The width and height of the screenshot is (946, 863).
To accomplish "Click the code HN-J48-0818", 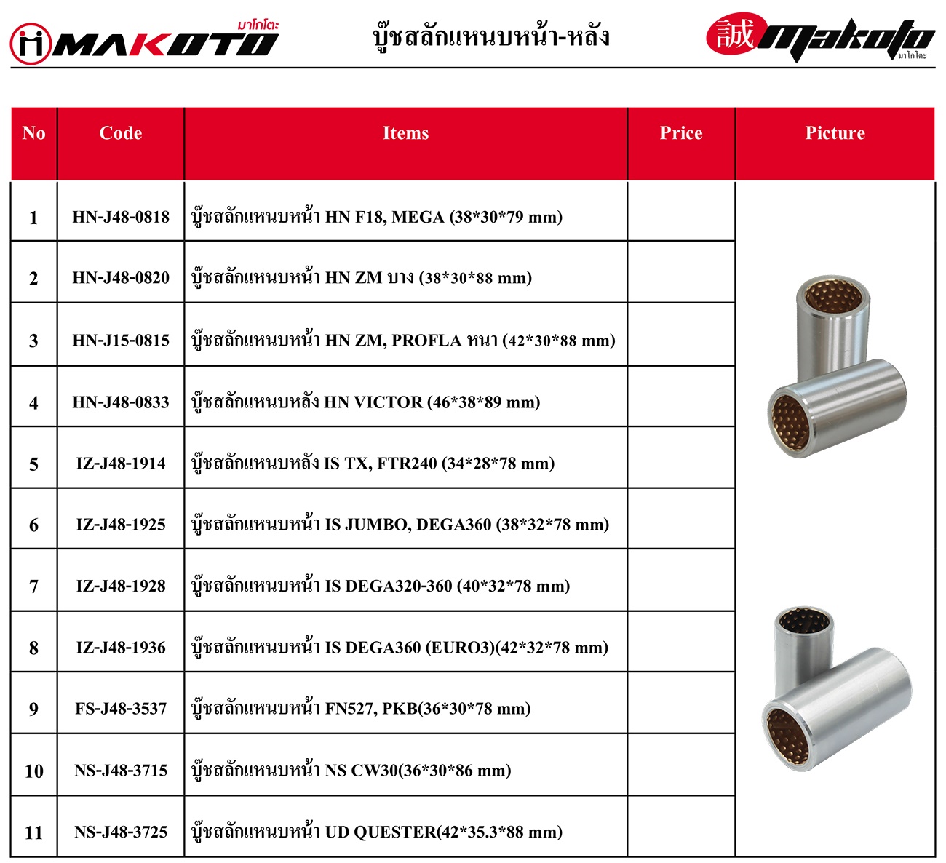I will coord(121,217).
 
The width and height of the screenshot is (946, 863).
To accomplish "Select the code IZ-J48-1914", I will coord(121,464).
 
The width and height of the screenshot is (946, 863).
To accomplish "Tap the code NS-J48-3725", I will coord(121,832).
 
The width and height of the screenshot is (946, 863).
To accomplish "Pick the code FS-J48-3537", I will coord(121,709).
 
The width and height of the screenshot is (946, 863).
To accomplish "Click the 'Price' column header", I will coord(681,133).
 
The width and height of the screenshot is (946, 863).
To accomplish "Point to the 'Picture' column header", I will coord(835,133).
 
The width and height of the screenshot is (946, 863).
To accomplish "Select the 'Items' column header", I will coord(405,133).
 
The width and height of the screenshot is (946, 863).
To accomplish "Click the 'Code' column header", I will coord(121,133).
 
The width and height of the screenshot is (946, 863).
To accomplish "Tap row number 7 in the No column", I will coord(33,586).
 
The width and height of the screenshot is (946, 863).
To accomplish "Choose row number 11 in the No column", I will coord(33,832).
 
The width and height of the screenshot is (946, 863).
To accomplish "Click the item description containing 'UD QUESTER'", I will coord(377,832).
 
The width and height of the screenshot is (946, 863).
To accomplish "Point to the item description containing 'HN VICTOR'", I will coord(365,402).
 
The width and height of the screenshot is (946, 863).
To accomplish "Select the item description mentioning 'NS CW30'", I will coord(351,771).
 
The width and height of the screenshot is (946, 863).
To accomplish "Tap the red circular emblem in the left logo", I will coord(31,44).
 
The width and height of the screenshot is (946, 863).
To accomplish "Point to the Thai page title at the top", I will coord(491,36).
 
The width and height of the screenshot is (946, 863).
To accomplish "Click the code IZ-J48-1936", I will coord(121,648).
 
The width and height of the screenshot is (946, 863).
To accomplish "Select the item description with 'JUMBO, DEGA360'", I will coord(400,525).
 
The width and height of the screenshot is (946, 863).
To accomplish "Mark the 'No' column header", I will coord(33,133).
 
